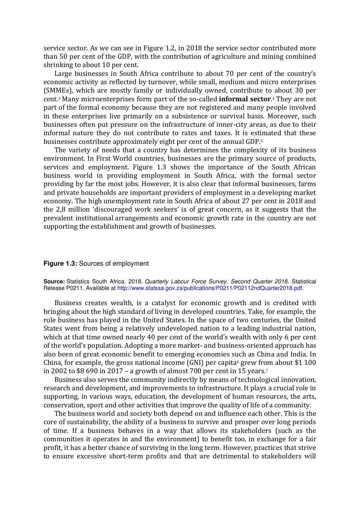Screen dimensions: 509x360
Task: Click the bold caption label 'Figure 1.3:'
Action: point(60,264)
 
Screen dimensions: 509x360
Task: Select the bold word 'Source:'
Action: point(54,282)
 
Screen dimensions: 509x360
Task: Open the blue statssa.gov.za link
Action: point(210,288)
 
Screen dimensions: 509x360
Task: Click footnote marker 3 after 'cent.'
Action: point(59,98)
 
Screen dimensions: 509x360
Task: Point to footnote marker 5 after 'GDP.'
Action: point(261,141)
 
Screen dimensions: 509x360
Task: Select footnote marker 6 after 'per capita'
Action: point(238,362)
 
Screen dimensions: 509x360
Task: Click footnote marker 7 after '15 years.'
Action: point(267,370)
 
